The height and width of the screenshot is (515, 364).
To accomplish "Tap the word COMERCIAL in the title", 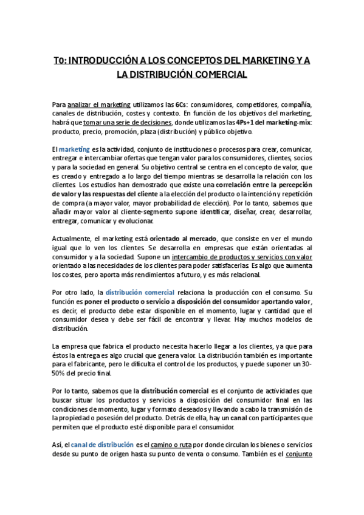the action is [217, 75].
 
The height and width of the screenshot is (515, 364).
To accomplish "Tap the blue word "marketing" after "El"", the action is [74, 149].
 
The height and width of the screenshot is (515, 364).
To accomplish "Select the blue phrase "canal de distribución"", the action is [106, 445].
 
